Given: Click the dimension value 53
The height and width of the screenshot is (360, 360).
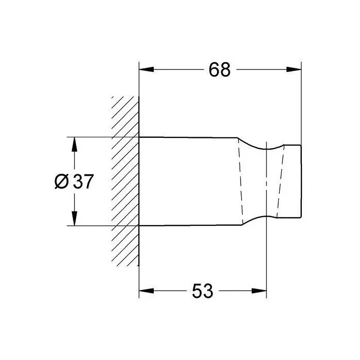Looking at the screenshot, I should click(203, 291).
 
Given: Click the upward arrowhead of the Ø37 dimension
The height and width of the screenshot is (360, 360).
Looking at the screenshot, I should click(75, 143).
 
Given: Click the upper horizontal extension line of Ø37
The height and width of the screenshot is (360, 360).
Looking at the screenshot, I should click(103, 137).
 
